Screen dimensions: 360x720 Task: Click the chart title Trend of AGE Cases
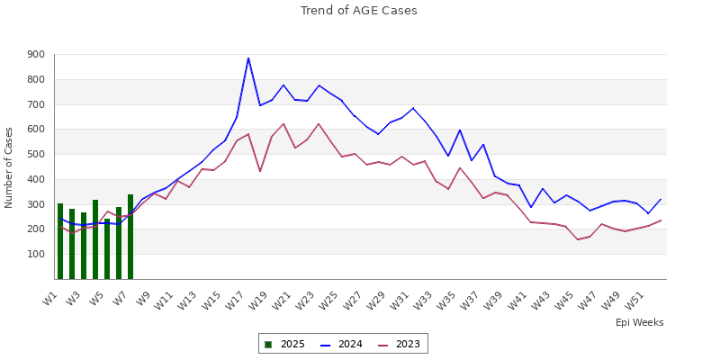359,11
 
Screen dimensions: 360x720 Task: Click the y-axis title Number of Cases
10,167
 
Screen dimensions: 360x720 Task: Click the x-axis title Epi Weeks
639,322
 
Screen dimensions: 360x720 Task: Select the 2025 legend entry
285,344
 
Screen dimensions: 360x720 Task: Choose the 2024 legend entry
343,344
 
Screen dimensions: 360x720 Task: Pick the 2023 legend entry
400,344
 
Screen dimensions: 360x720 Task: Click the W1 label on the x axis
51,296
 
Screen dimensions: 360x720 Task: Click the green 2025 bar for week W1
60,241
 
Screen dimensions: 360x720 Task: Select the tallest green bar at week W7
130,237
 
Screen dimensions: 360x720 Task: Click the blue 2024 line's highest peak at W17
248,58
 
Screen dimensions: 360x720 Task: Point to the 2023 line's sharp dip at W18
260,171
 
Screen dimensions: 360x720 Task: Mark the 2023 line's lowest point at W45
578,239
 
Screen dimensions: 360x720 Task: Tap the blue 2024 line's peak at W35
460,130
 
